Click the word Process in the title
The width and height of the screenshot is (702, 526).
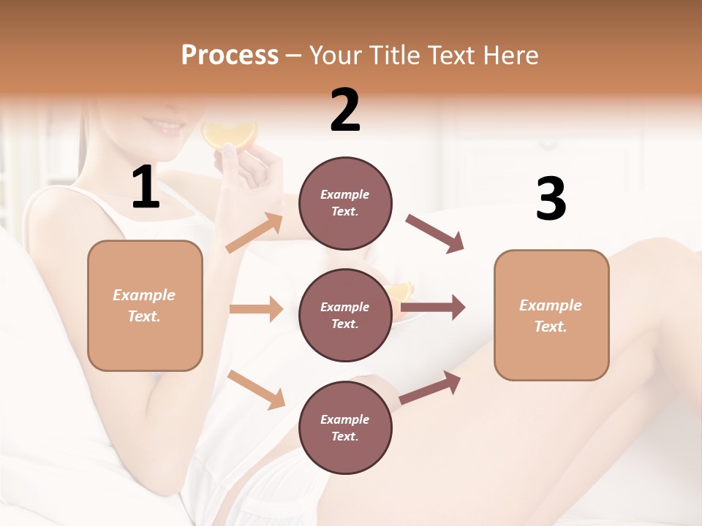pyautogui.click(x=230, y=56)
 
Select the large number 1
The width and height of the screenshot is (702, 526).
pyautogui.click(x=145, y=188)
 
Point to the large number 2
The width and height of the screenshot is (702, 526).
pyautogui.click(x=345, y=110)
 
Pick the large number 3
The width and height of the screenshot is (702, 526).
pyautogui.click(x=551, y=199)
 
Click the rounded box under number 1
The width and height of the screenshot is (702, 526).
pyautogui.click(x=145, y=305)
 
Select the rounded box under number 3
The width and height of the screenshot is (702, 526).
pyautogui.click(x=551, y=316)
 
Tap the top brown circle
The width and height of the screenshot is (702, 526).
pyautogui.click(x=345, y=203)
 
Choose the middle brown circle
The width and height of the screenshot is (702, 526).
pyautogui.click(x=345, y=315)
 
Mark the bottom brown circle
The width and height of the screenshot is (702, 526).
pyautogui.click(x=345, y=427)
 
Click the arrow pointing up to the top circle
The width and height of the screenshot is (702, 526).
pyautogui.click(x=254, y=233)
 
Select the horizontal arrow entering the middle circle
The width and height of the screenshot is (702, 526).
pyautogui.click(x=256, y=309)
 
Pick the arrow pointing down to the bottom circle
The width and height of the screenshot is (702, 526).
pyautogui.click(x=257, y=389)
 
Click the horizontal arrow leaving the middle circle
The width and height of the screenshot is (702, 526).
pyautogui.click(x=433, y=308)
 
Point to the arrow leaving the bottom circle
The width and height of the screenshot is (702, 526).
pyautogui.click(x=431, y=387)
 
